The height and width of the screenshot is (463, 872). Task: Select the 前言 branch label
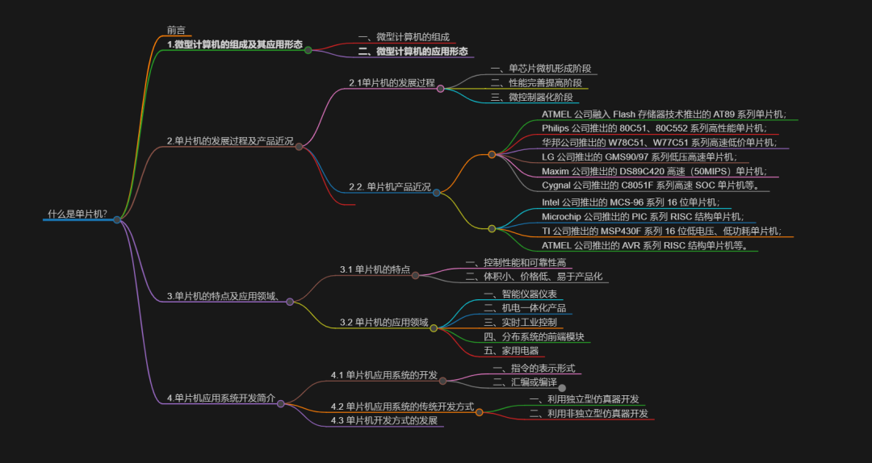[176, 31]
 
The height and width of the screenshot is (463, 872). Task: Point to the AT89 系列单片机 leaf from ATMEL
[664, 114]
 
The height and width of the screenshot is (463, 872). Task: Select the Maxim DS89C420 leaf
[654, 171]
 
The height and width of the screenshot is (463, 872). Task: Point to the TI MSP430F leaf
[661, 231]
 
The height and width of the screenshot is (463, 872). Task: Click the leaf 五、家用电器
[511, 351]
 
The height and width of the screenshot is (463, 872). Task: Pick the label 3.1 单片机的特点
[375, 269]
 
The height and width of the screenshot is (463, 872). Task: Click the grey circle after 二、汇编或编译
[563, 388]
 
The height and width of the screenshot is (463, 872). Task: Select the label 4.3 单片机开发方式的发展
[384, 420]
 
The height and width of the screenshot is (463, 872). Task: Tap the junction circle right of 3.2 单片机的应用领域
[434, 328]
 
